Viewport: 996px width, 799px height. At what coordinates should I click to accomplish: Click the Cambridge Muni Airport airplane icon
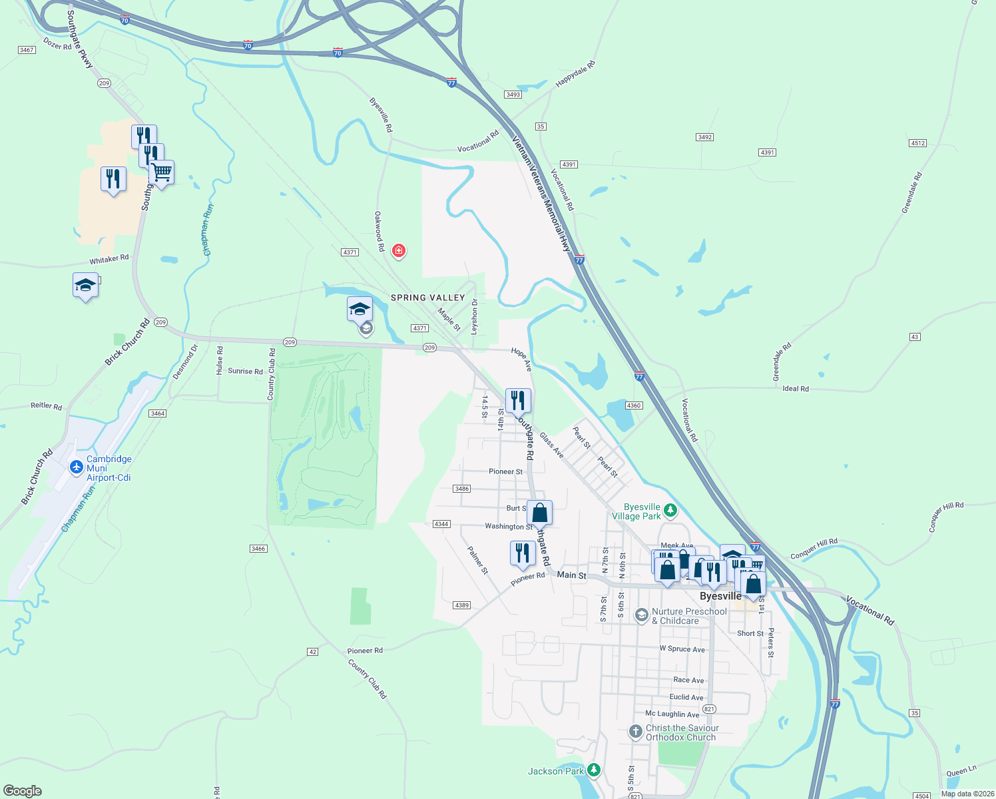77,467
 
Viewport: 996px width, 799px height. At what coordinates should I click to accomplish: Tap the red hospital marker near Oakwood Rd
399,250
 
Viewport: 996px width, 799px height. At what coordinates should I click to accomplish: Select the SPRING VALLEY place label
427,298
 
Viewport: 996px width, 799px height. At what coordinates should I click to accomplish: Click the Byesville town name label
720,596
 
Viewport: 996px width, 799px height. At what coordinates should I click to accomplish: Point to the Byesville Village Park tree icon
670,511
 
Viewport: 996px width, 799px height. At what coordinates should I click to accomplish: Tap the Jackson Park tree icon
594,770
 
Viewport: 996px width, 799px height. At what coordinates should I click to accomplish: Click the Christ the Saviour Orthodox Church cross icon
635,732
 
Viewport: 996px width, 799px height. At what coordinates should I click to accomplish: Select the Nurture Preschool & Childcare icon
641,615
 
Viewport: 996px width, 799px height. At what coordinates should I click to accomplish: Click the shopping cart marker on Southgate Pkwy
162,172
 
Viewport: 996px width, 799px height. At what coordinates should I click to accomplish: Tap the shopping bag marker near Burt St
540,513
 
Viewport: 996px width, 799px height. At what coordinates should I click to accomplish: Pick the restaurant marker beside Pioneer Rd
523,553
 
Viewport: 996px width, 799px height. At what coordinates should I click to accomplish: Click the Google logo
22,791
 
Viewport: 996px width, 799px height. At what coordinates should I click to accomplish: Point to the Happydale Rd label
575,74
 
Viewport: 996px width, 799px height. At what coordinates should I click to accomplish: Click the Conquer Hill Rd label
814,549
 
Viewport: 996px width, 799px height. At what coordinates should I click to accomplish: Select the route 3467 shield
27,50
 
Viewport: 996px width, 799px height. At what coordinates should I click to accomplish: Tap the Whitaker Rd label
109,259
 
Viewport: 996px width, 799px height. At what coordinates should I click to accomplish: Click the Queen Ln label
961,771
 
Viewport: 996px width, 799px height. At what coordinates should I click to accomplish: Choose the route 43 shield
915,337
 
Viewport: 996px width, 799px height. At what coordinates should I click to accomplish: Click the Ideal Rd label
796,388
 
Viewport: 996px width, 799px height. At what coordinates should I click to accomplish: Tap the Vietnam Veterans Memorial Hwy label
542,194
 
